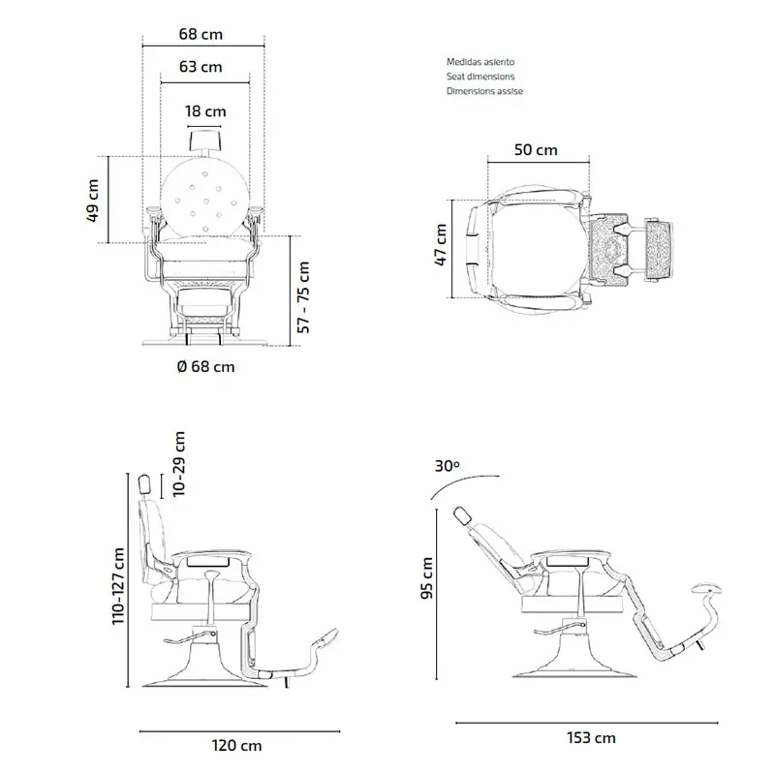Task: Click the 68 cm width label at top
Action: coord(201,34)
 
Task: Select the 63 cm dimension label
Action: coord(201,67)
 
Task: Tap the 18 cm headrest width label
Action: coord(205,111)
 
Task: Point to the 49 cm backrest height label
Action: coord(94,200)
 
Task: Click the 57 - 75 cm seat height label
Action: coord(303,296)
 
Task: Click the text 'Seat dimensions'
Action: coord(480,76)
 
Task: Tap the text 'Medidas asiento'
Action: coord(480,61)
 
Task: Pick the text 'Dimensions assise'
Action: coord(484,90)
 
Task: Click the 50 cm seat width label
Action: coord(536,149)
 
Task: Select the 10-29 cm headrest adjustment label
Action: coord(177,463)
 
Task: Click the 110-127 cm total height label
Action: coord(120,586)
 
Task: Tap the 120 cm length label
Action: coord(236,746)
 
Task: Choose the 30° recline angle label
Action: coord(447,466)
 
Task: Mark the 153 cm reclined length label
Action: coord(591,738)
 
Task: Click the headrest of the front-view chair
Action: coord(203,140)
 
